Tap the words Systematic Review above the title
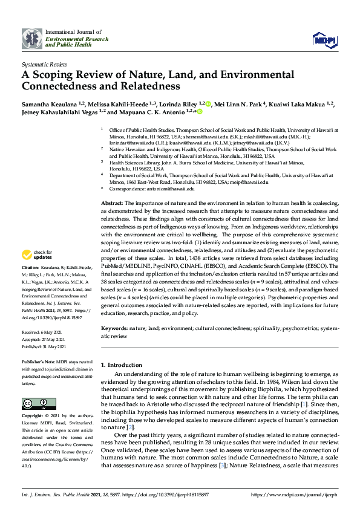point(44,63)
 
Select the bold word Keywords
point(114,327)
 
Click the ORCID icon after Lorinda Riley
point(209,104)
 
